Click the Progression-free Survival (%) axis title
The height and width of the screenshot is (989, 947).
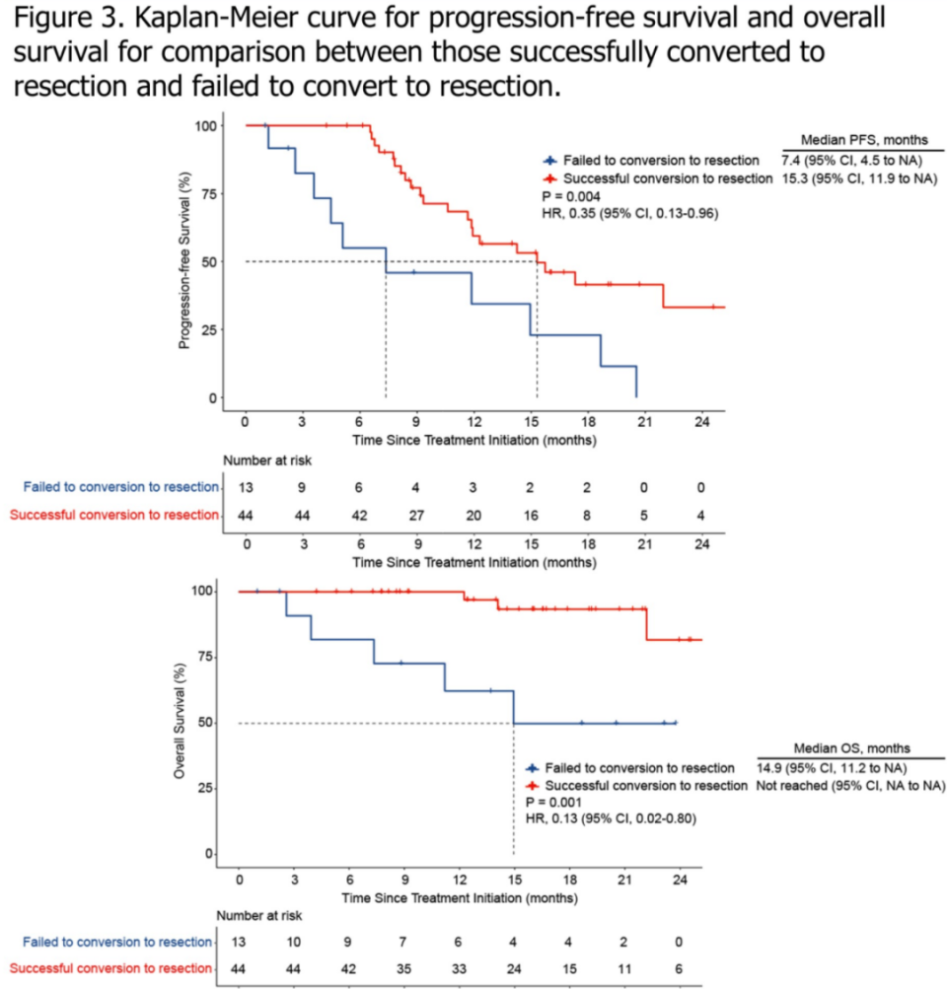(183, 260)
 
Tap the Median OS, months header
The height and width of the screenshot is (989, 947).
(852, 748)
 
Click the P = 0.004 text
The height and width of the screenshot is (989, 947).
(569, 196)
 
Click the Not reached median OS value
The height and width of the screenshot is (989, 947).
(790, 785)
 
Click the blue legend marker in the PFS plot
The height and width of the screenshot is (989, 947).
(550, 161)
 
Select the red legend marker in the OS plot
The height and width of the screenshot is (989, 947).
(534, 786)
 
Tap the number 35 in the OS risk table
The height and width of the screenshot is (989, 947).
(403, 967)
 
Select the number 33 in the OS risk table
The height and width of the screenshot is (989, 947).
(459, 967)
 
